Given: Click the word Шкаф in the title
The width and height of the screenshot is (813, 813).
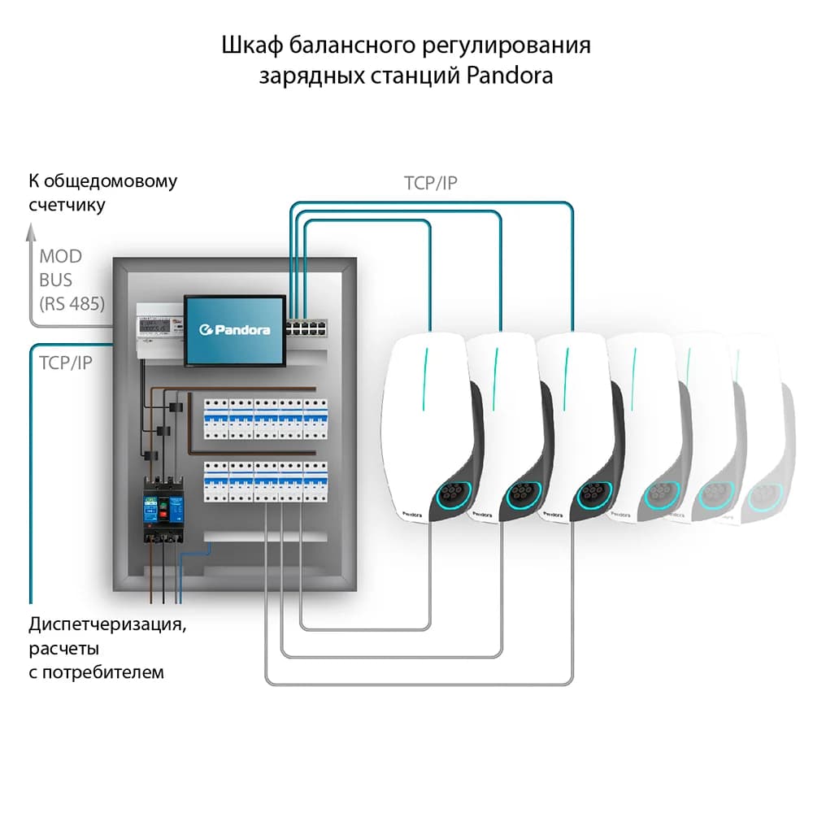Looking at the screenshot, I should (246, 45).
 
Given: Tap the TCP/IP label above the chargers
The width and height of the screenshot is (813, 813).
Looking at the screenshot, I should (431, 183).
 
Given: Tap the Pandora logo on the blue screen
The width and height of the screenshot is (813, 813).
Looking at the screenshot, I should (235, 329).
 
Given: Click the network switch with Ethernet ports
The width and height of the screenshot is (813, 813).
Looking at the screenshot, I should (312, 329).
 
